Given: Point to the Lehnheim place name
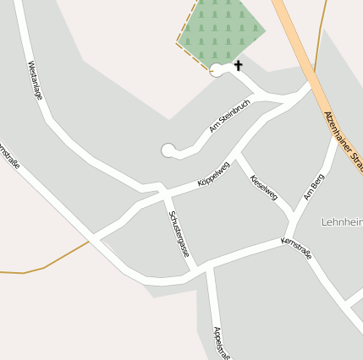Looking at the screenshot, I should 342,222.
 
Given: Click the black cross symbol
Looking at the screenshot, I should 238,65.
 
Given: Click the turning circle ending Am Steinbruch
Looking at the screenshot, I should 168,150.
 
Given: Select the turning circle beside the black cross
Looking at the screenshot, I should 217,71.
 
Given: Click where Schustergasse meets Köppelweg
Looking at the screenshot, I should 162,194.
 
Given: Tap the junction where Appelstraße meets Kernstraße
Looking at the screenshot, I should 208,269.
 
